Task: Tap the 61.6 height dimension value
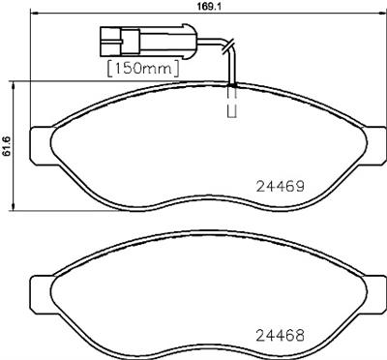pos(8,148)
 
